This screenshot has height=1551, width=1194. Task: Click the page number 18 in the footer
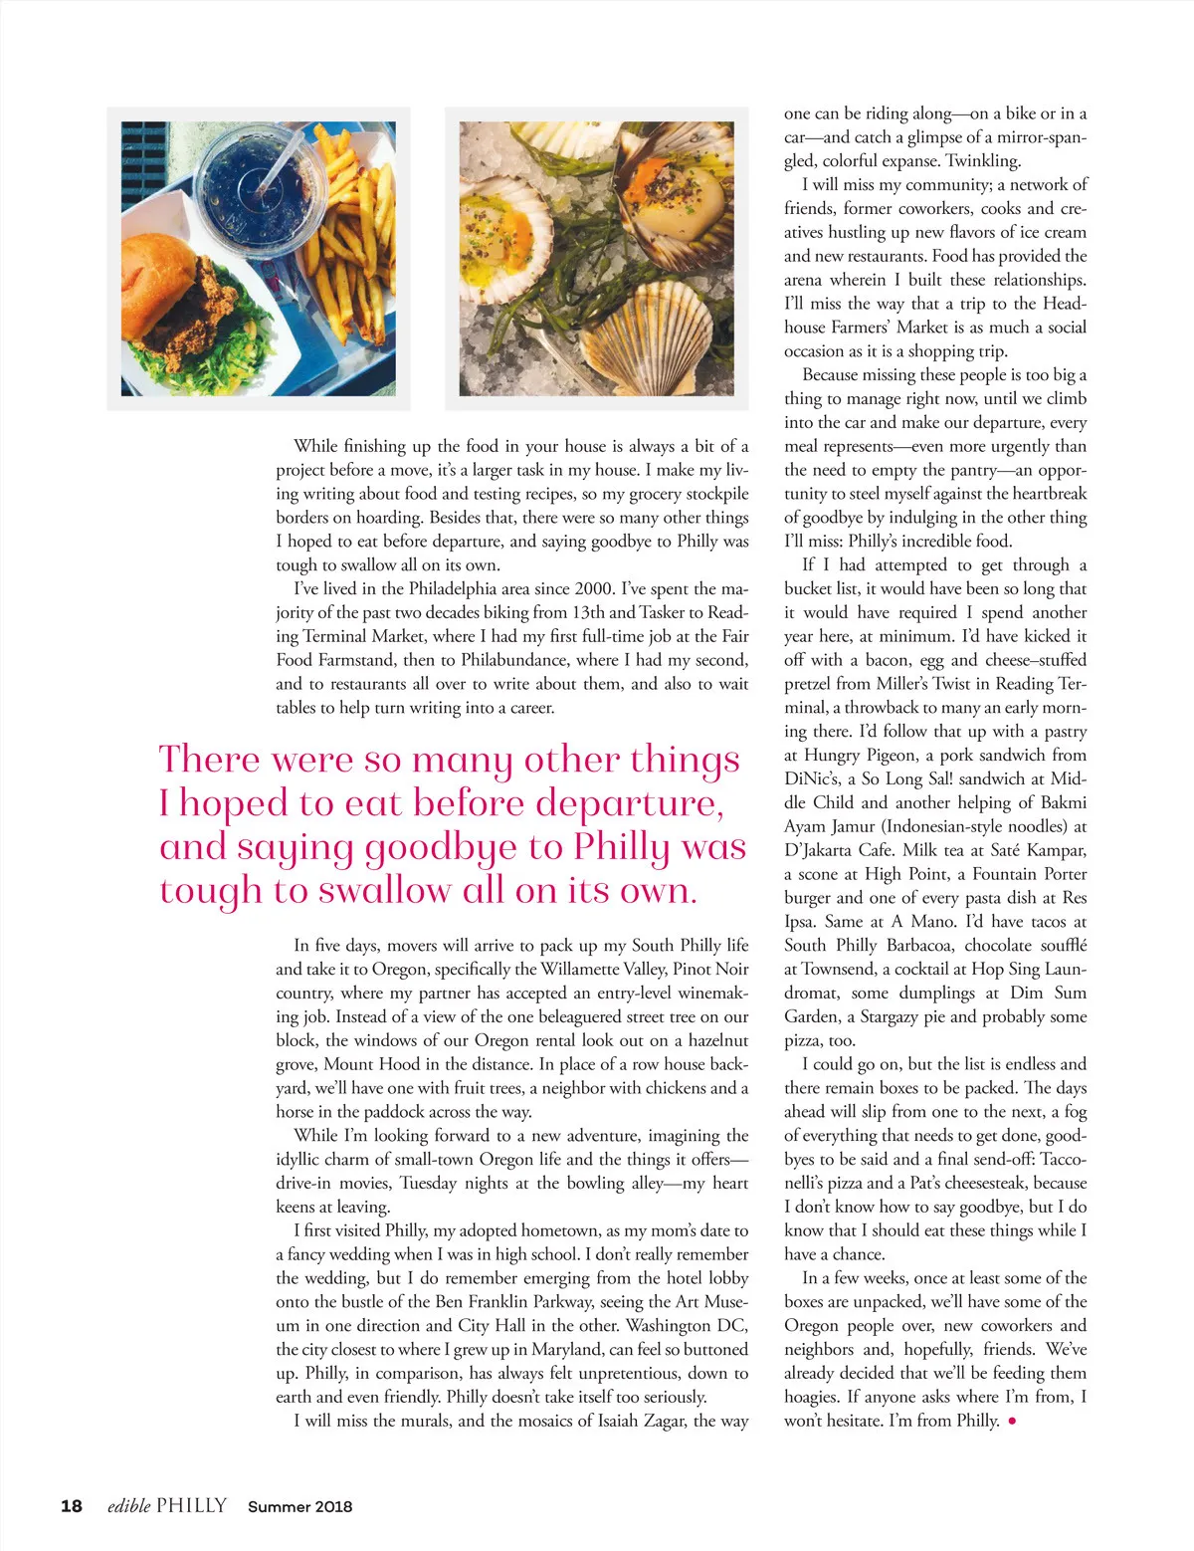72,1505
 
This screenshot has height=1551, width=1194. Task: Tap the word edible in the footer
128,1505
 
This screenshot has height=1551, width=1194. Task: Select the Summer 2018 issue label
299,1506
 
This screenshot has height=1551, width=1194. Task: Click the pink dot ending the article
1012,1422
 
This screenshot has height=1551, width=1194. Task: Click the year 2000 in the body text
593,588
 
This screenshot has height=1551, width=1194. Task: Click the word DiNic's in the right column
813,778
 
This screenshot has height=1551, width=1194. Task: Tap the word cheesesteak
981,1183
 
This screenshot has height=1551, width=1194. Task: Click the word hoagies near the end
811,1397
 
